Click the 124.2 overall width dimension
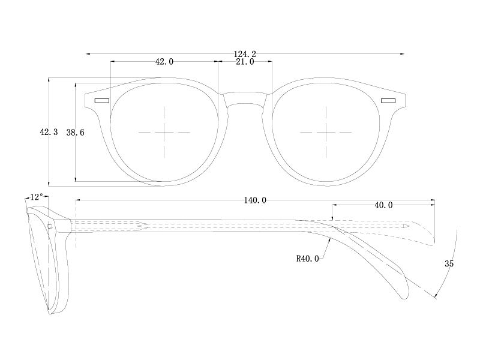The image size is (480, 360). click(x=245, y=54)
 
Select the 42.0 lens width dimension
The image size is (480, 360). click(x=164, y=61)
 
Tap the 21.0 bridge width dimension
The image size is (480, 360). click(x=245, y=61)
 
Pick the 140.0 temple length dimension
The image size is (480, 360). click(x=255, y=200)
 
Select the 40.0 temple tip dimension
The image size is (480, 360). click(x=383, y=205)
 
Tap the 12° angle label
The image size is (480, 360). click(x=36, y=197)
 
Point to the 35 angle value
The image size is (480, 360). click(x=449, y=263)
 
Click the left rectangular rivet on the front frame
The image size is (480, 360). click(x=101, y=100)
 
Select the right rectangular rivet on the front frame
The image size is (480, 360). click(x=388, y=100)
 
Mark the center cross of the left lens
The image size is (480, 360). click(x=164, y=132)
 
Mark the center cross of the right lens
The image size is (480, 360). click(x=325, y=132)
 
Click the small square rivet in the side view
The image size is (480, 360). click(x=51, y=226)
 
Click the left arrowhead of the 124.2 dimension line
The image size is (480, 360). click(x=88, y=54)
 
